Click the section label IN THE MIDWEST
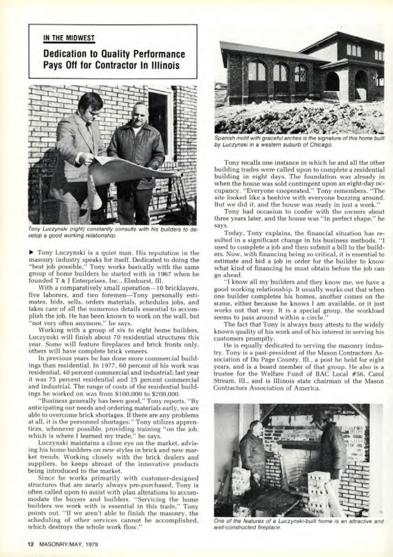point(69,38)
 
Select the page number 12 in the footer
point(31,544)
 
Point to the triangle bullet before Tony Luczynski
point(31,252)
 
